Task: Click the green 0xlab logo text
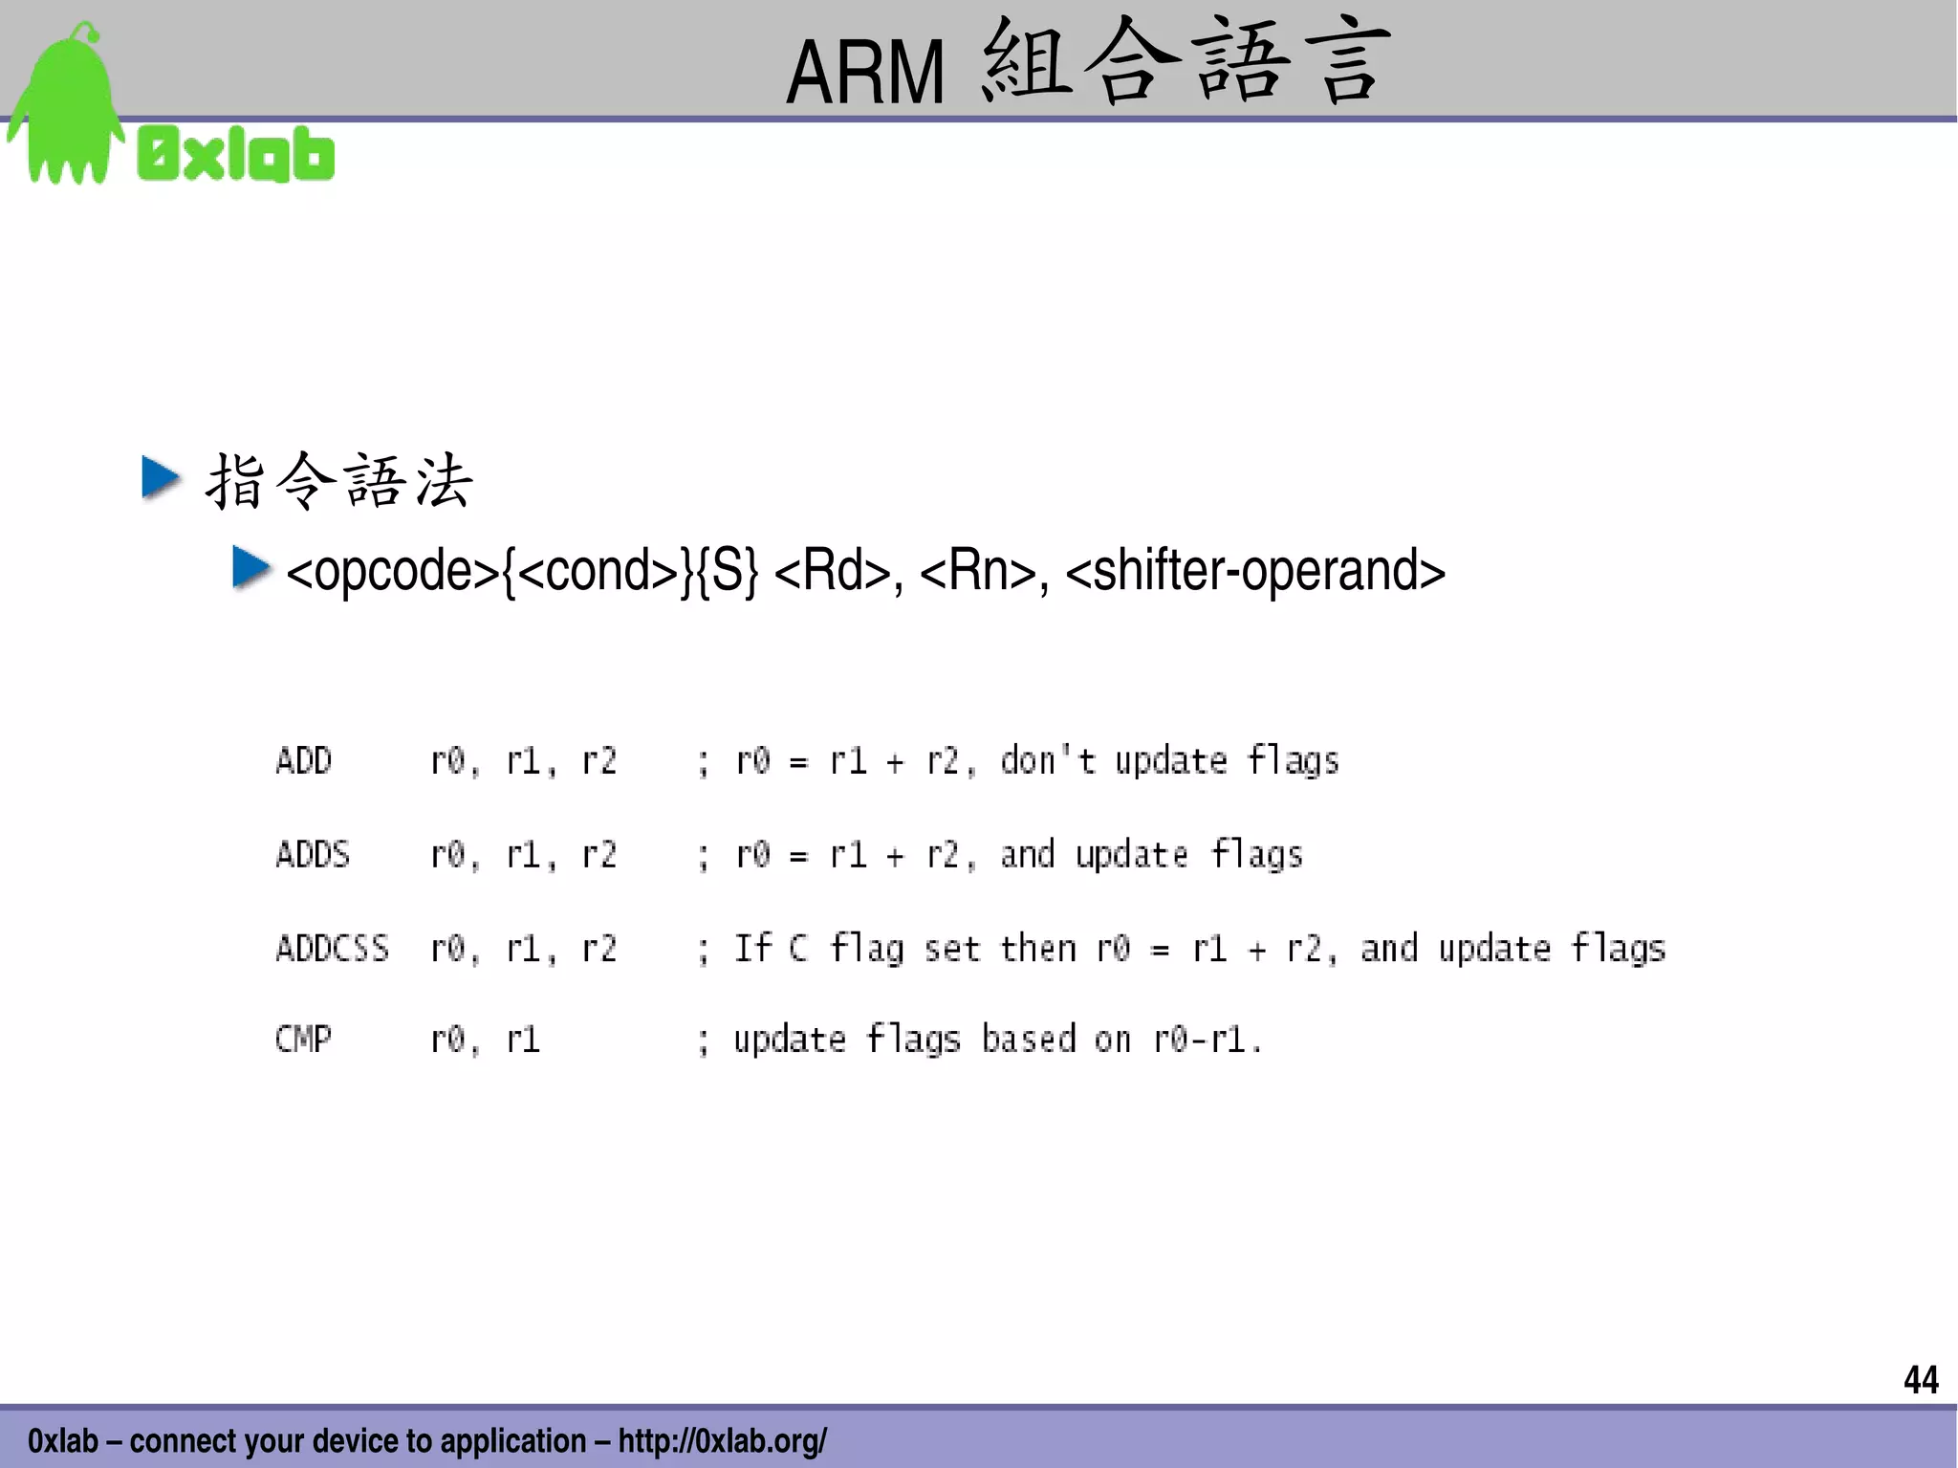pyautogui.click(x=236, y=155)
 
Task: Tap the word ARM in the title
pyautogui.click(x=864, y=73)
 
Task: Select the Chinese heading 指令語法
pyautogui.click(x=338, y=481)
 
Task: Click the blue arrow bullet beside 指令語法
pyautogui.click(x=161, y=477)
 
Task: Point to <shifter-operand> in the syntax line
pyautogui.click(x=1254, y=571)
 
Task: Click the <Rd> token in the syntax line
pyautogui.click(x=832, y=571)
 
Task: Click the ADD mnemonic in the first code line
pyautogui.click(x=303, y=761)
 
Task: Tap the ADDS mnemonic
pyautogui.click(x=313, y=854)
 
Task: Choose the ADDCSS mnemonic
pyautogui.click(x=332, y=948)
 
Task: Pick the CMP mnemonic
pyautogui.click(x=303, y=1039)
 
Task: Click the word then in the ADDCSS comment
pyautogui.click(x=1037, y=948)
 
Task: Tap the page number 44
pyautogui.click(x=1921, y=1380)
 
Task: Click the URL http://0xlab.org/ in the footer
pyautogui.click(x=723, y=1440)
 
